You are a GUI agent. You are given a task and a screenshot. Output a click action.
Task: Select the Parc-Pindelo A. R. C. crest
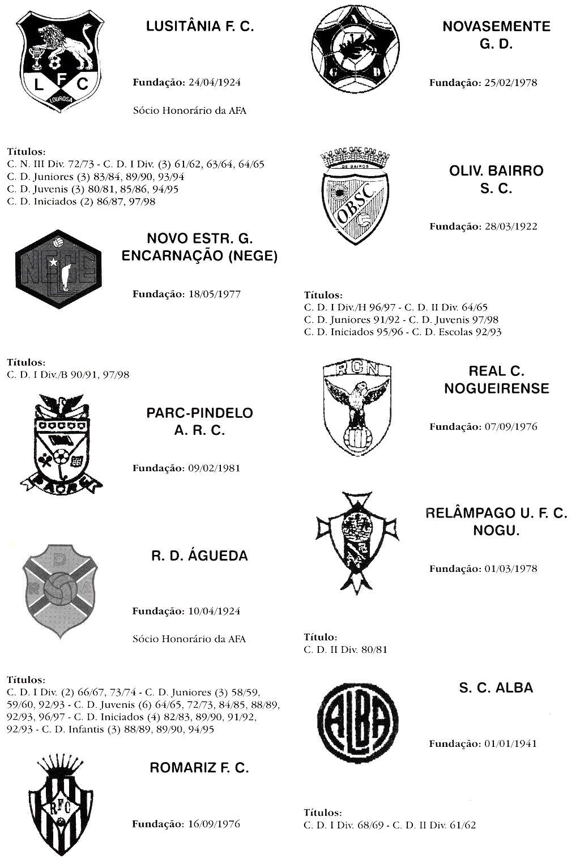click(59, 445)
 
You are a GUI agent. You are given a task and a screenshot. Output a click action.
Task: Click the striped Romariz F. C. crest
click(59, 801)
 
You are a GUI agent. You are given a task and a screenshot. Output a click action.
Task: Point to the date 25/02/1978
click(510, 83)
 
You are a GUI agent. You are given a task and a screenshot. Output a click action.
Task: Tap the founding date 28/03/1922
click(510, 226)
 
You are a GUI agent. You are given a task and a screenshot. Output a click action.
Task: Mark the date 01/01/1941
click(510, 743)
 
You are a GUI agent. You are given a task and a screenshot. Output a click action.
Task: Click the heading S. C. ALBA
click(496, 688)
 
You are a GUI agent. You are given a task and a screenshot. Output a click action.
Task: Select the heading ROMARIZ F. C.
click(199, 768)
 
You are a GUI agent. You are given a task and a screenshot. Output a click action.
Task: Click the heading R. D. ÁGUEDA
click(199, 556)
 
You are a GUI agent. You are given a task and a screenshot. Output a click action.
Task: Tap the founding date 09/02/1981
click(214, 468)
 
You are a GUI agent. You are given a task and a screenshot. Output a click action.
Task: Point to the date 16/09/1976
click(214, 824)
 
